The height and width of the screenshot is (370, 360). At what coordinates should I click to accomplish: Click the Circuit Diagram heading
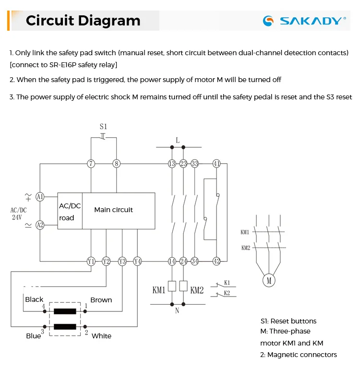pyautogui.click(x=83, y=21)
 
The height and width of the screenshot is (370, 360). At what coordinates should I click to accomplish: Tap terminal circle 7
pyautogui.click(x=91, y=164)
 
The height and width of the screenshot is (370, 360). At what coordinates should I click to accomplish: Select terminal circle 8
pyautogui.click(x=116, y=164)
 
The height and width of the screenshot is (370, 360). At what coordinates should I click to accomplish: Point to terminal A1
pyautogui.click(x=40, y=197)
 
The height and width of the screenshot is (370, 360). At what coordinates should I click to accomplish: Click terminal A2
pyautogui.click(x=40, y=224)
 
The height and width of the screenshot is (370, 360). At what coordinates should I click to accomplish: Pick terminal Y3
pyautogui.click(x=122, y=261)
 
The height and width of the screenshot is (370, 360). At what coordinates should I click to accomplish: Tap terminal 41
pyautogui.click(x=216, y=164)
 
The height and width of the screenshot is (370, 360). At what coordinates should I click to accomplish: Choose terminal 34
pyautogui.click(x=194, y=261)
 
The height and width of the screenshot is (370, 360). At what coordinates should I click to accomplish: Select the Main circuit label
pyautogui.click(x=113, y=210)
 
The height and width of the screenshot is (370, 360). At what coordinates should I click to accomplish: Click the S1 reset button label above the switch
pyautogui.click(x=103, y=127)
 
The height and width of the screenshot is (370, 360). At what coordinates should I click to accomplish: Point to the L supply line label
pyautogui.click(x=178, y=140)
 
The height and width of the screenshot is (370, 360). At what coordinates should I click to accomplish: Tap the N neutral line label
pyautogui.click(x=177, y=310)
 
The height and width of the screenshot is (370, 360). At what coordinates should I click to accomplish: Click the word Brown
pyautogui.click(x=101, y=300)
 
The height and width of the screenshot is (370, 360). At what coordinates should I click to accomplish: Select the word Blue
pyautogui.click(x=33, y=336)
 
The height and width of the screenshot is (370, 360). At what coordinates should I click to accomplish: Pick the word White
pyautogui.click(x=101, y=336)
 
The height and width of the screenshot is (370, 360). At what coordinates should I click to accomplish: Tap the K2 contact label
pyautogui.click(x=227, y=293)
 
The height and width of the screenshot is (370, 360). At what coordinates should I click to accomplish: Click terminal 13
pyautogui.click(x=172, y=164)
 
